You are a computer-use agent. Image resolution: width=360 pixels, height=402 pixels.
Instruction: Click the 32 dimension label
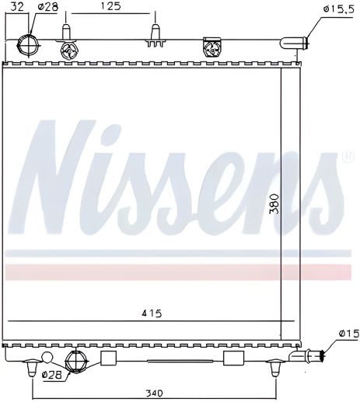17,6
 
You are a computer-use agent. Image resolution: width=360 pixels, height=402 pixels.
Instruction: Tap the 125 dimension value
110,6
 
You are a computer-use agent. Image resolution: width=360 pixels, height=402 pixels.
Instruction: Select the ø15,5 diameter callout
338,10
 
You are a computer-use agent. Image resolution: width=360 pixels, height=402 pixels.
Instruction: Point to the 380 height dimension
274,204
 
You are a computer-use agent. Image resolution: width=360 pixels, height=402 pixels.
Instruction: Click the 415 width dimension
152,313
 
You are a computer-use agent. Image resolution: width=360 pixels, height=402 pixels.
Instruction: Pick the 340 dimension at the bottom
155,393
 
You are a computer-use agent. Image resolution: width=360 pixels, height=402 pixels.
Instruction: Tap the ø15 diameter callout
349,334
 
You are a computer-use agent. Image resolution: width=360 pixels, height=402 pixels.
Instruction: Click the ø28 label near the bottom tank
52,375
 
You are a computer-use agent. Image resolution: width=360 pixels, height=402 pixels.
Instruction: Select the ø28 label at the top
48,7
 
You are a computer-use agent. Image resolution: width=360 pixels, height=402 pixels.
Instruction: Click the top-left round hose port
28,46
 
